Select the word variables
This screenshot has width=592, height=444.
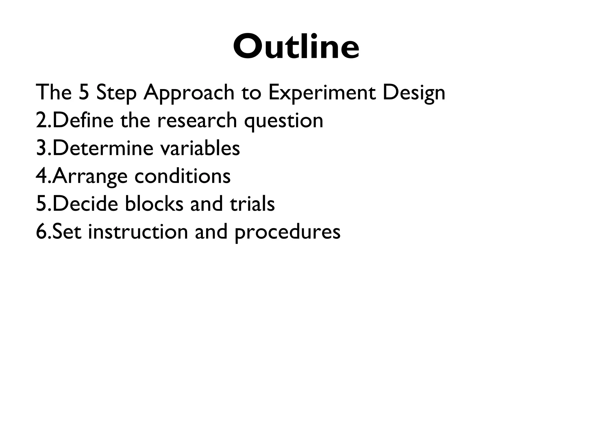coord(200,148)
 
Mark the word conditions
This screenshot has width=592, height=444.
coord(182,176)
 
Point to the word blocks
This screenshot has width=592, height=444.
coord(154,204)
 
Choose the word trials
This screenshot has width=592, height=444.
coord(252,204)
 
